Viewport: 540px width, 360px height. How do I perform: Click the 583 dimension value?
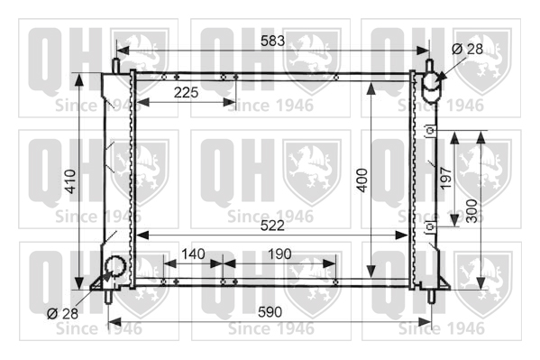point(272,41)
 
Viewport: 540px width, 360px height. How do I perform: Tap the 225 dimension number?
point(186,92)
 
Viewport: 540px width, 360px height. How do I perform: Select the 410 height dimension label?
point(70,181)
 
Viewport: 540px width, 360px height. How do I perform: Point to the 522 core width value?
point(272,226)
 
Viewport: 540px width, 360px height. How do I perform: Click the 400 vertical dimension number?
point(362,180)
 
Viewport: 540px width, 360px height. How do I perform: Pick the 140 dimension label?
point(193,254)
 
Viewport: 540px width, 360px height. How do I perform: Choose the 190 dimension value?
point(279,254)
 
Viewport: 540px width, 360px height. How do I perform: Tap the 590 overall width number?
point(270,312)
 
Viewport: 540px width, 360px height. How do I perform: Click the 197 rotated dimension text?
point(445,178)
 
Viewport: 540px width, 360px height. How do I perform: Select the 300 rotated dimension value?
point(471,211)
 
